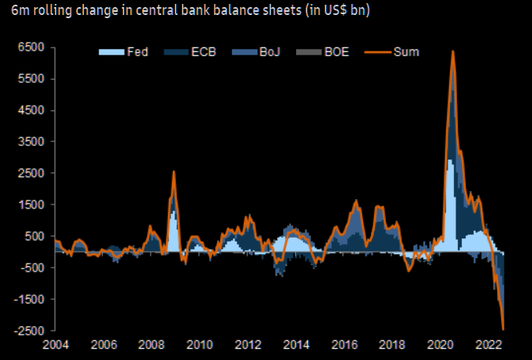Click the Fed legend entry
click(123, 52)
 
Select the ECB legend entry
click(190, 52)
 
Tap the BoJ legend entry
click(257, 52)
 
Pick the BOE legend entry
click(323, 52)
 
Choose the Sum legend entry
click(392, 52)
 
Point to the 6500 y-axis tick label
click(32, 47)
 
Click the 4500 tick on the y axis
click(32, 111)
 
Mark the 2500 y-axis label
click(32, 173)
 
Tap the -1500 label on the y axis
click(29, 299)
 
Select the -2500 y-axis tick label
click(29, 331)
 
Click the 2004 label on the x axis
click(55, 345)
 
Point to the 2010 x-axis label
click(200, 345)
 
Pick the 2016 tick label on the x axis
click(345, 345)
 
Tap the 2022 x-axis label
click(489, 345)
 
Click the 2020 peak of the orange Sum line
click(452, 51)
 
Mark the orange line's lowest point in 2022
click(503, 329)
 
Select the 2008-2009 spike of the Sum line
click(174, 171)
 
